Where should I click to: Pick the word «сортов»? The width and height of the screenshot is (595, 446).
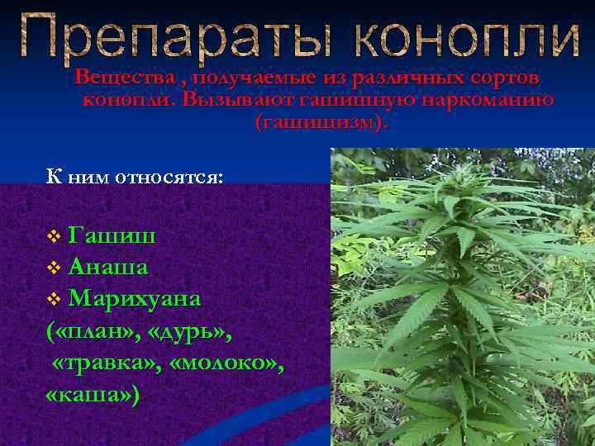(504, 78)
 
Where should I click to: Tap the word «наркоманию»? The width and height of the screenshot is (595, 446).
(488, 101)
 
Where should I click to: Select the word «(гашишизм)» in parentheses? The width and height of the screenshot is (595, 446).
(320, 123)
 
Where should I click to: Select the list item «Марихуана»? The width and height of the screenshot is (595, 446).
(136, 297)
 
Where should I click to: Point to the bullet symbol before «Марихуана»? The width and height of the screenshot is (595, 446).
(54, 297)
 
